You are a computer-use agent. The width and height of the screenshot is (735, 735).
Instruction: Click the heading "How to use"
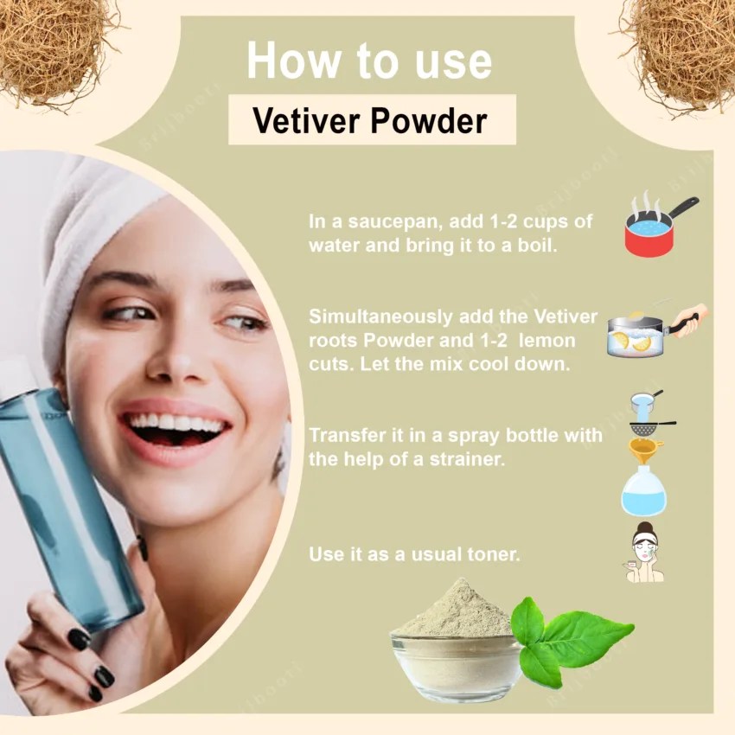point(369,61)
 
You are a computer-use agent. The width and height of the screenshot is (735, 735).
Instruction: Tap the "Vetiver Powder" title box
point(371,121)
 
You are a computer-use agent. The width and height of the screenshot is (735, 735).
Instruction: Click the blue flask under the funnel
point(644,492)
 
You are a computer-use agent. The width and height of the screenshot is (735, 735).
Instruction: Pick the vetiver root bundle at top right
point(683,48)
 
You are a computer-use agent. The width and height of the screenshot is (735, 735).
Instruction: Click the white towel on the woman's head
point(95,225)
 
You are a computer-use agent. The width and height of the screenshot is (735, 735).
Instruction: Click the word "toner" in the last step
point(492,554)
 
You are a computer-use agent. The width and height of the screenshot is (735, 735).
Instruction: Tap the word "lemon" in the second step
point(547,341)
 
